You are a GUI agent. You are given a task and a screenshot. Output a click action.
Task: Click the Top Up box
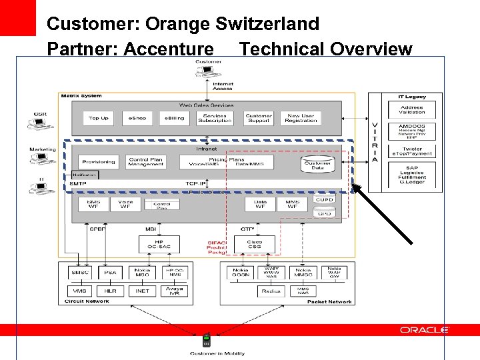(99, 118)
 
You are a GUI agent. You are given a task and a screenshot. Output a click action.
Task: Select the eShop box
(137, 118)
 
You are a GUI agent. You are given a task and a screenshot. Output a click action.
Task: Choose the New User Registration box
(301, 118)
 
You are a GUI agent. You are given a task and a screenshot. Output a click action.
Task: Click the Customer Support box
(259, 118)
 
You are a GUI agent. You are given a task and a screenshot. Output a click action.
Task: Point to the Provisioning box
(99, 161)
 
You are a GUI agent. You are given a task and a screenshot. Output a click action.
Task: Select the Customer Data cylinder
(318, 163)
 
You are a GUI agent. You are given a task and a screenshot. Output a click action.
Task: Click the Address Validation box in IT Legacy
(411, 110)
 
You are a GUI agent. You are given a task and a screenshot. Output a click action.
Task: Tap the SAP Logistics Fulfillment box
(411, 174)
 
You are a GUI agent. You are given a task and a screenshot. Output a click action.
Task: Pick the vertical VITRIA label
(375, 141)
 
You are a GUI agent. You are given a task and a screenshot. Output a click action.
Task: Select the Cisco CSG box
(254, 245)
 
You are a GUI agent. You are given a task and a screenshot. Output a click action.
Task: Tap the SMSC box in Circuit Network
(81, 273)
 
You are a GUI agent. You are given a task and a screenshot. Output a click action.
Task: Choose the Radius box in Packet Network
(270, 291)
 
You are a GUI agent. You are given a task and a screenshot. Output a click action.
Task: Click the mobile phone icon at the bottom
(206, 341)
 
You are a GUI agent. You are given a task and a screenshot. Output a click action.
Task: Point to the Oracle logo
(425, 330)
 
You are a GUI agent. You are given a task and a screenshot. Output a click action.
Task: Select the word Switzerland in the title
(267, 24)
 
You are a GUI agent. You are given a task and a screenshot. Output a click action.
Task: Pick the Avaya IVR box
(174, 291)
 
